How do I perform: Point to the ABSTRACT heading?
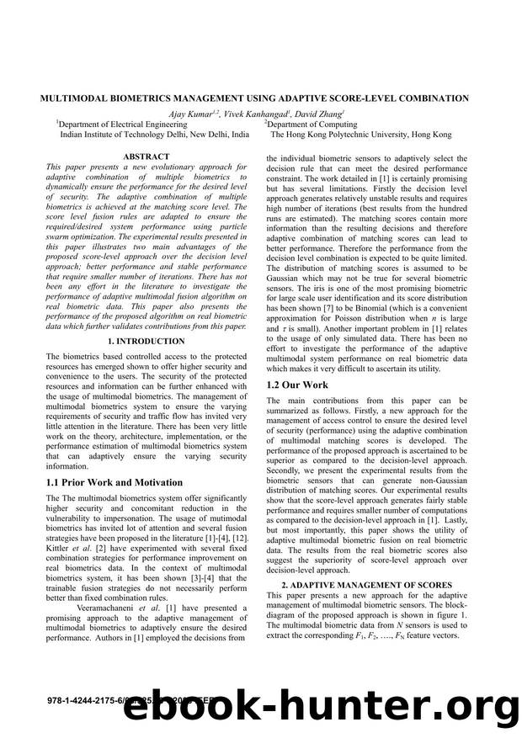(146, 157)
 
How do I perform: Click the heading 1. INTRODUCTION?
(146, 341)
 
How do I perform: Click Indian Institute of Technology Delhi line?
(154, 134)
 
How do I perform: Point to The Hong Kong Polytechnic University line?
(360, 134)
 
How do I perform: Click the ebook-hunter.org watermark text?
(320, 705)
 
